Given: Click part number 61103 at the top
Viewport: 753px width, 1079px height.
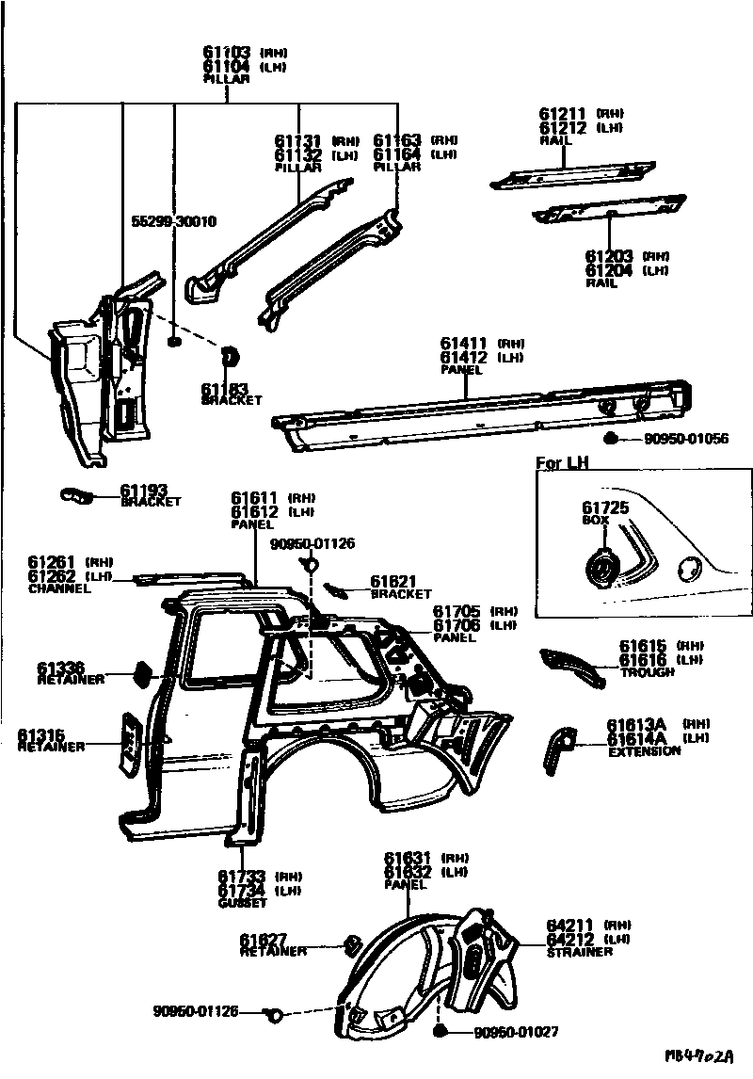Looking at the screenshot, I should coord(226,53).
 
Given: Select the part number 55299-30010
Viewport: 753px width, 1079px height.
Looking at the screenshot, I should coord(173,222).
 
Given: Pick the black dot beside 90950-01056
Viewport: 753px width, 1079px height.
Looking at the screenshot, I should coord(610,438).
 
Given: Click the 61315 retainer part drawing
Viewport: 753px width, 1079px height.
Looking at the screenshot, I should coord(130,744).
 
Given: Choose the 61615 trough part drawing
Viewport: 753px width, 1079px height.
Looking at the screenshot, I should coord(570,665).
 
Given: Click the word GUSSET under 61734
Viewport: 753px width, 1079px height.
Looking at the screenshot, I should coord(242,903).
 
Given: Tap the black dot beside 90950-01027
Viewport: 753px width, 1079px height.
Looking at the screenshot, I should coord(441,1032).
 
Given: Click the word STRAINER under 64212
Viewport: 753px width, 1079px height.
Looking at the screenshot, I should coord(580,952).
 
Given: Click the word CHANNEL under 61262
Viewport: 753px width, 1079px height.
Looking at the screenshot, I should coord(59,589).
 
